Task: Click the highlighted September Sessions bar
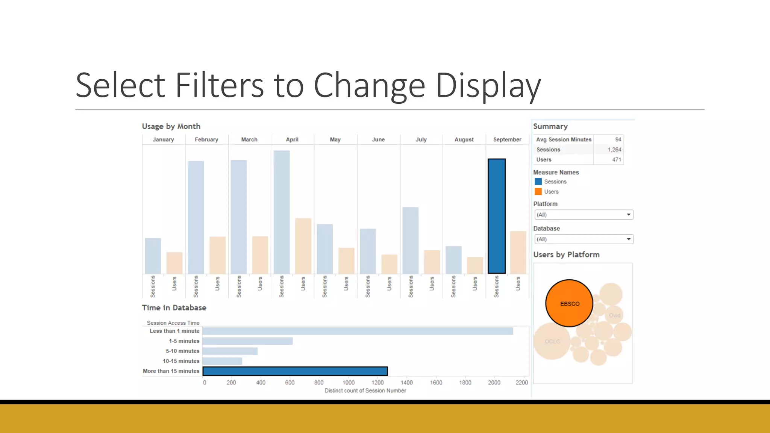(497, 216)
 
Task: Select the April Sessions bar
(282, 212)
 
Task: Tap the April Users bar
(303, 246)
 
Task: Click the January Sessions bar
(153, 256)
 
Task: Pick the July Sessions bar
(411, 240)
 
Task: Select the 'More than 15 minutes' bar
(295, 371)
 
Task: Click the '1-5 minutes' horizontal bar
(247, 341)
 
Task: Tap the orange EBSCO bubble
(569, 303)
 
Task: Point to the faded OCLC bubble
(552, 341)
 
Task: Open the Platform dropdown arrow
(628, 215)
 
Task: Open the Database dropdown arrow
(628, 239)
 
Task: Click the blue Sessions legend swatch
(538, 182)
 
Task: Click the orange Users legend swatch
(538, 192)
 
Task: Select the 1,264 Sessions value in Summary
(614, 150)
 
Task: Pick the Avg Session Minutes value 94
(618, 139)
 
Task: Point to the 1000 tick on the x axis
(349, 382)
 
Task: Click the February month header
(206, 139)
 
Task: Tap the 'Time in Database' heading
(174, 307)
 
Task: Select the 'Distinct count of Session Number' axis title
(365, 391)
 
